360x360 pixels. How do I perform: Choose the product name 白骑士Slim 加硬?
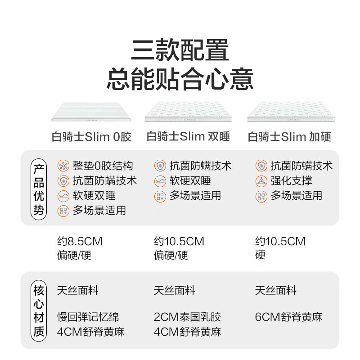point(289,137)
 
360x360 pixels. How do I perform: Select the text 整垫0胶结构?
point(103,166)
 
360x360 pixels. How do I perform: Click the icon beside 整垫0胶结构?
point(63,166)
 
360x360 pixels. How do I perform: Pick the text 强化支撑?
point(291,181)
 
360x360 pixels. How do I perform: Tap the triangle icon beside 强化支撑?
point(261,181)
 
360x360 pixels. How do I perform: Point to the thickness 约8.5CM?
point(80,242)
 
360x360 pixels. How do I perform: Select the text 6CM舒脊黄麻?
point(288,317)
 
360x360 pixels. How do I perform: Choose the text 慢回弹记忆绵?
point(88,317)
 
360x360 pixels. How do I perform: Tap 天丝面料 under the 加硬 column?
point(275,291)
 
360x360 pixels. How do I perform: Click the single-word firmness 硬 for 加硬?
point(260,256)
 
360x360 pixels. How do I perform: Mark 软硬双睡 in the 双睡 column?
point(190,181)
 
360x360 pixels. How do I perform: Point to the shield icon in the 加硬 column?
point(261,166)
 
